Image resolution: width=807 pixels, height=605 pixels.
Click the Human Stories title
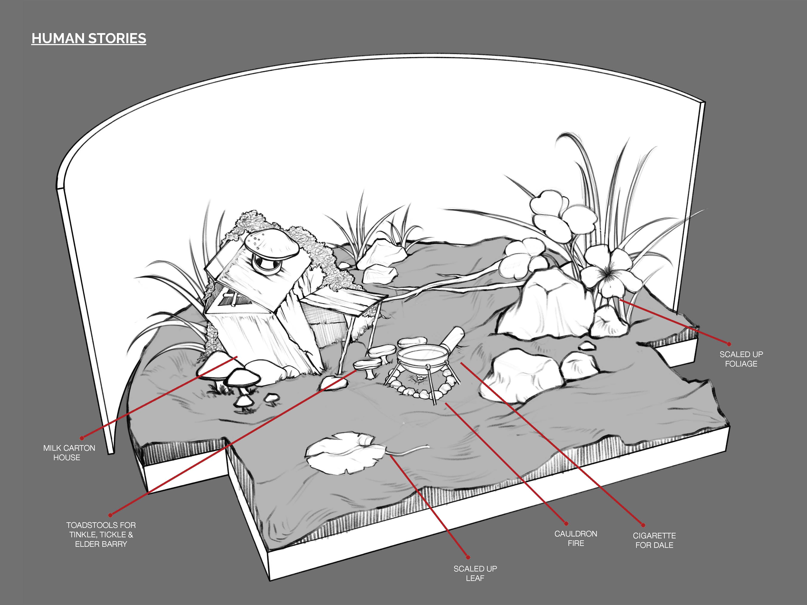(x=89, y=38)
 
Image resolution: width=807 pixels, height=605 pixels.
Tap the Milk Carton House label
(x=69, y=452)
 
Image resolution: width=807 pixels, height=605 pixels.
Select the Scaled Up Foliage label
(x=741, y=359)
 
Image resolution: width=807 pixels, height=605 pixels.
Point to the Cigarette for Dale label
(x=654, y=540)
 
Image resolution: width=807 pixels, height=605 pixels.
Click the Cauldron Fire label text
(x=576, y=538)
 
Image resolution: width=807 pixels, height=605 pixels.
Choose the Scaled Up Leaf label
(x=475, y=573)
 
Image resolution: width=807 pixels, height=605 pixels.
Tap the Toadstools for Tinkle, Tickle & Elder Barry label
(x=101, y=535)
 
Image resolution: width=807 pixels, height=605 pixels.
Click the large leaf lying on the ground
(x=345, y=452)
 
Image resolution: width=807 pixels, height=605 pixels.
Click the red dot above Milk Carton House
(x=82, y=438)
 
